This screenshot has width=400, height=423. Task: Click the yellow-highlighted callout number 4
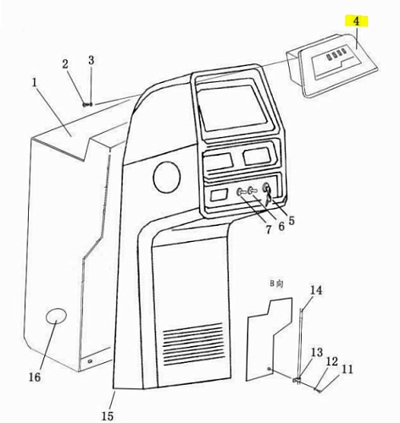pos(357,21)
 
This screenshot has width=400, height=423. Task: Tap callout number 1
pos(35,83)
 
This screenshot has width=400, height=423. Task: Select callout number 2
pos(65,64)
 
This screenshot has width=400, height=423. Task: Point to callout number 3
pos(91,60)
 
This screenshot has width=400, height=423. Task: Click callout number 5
pos(291,220)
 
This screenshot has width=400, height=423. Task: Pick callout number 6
pos(281,226)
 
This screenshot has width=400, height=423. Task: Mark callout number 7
pos(269,230)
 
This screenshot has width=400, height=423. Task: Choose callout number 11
pos(347,369)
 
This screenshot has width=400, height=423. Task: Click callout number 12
pos(332,361)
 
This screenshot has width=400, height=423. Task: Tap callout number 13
pos(317,352)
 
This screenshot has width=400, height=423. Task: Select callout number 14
pos(316,290)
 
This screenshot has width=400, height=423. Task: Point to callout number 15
pos(108,416)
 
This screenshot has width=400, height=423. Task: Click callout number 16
pos(35,377)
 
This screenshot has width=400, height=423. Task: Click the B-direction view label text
pos(276,283)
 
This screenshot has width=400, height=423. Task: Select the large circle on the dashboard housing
pos(167,177)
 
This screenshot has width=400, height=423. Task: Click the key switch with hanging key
pos(267,192)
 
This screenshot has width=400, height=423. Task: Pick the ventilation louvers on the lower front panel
pos(193,343)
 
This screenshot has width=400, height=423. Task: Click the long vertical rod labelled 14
pos(301,345)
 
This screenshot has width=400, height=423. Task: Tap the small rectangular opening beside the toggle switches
pos(219,195)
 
